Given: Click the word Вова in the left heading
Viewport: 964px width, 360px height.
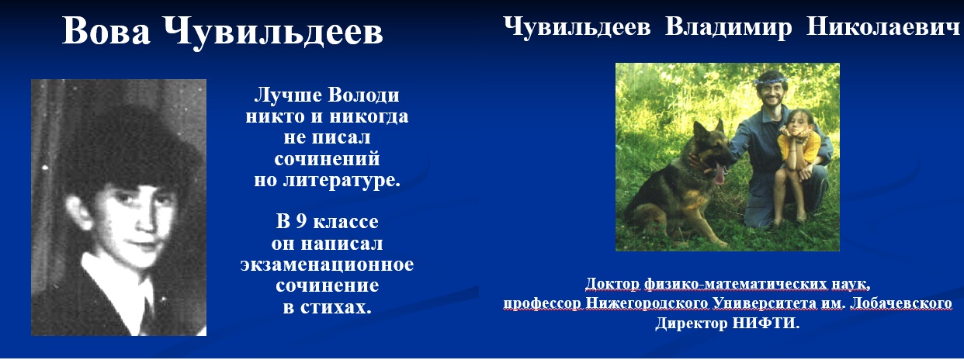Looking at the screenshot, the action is (x=106, y=31).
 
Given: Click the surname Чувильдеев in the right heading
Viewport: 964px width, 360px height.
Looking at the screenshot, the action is (x=577, y=26).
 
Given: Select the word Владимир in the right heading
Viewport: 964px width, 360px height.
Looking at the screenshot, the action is (x=728, y=26).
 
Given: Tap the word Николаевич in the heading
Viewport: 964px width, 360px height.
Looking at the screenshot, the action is (x=883, y=26).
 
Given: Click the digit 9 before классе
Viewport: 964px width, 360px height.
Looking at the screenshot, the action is (x=301, y=221).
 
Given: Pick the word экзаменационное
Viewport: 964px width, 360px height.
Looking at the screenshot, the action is (x=327, y=264).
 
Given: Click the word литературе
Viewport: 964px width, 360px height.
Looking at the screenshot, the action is (x=342, y=180).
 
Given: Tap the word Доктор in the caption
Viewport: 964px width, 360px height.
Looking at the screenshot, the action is (x=612, y=284).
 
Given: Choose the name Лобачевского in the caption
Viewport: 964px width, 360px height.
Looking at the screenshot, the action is (x=901, y=303).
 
